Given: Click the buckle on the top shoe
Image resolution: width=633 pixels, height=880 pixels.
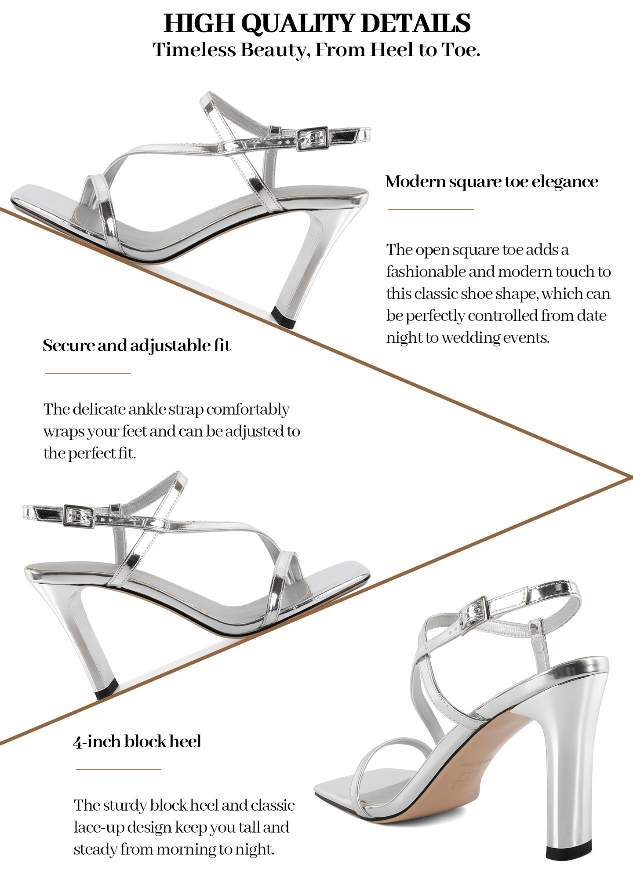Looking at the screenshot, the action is click(312, 139).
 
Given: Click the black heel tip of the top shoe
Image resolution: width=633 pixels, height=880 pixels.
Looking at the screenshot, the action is click(283, 317).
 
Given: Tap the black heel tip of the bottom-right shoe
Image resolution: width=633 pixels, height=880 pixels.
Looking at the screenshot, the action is click(566, 851).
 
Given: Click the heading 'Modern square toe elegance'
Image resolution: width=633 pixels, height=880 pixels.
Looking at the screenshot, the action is click(491, 182).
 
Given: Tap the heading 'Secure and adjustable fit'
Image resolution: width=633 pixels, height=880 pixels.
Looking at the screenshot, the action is click(137, 345).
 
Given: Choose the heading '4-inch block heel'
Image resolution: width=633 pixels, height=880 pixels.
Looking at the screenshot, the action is click(137, 742).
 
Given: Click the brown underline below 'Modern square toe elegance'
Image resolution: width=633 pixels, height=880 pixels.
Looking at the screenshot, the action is click(431, 209).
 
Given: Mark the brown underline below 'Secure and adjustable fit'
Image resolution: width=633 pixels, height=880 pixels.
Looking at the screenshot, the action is click(88, 373).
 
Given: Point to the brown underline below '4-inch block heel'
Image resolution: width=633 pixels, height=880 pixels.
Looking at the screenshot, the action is click(118, 769).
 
